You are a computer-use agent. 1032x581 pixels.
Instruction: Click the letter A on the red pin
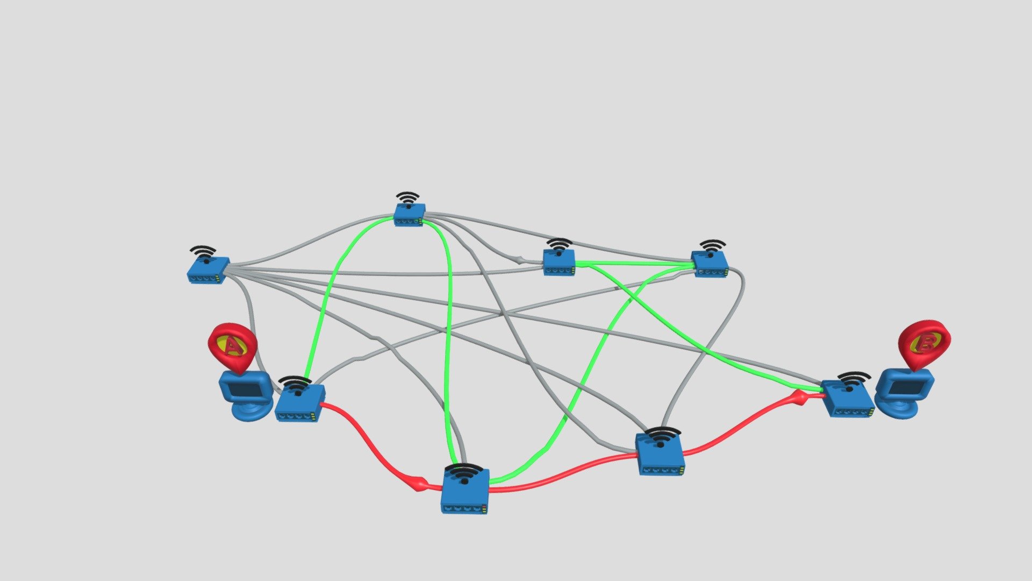[231, 345]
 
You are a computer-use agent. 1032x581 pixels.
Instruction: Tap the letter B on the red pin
[924, 345]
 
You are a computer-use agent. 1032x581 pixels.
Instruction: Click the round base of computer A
[250, 412]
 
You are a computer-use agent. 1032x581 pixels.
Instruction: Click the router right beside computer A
[300, 403]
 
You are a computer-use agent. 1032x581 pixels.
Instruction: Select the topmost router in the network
[410, 215]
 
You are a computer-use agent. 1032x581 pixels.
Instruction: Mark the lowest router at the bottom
[465, 491]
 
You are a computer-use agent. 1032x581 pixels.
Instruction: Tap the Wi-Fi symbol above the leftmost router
[203, 253]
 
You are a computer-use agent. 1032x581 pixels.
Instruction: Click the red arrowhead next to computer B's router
[800, 398]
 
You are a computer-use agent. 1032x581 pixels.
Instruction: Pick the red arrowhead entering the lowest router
[418, 484]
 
